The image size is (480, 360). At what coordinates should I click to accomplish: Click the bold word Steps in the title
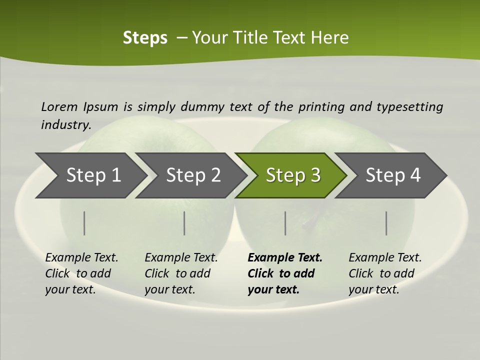click(145, 38)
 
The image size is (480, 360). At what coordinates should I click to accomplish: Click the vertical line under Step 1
click(84, 223)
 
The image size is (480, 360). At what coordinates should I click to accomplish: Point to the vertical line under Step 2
click(184, 223)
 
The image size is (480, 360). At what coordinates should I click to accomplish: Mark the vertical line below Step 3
click(285, 223)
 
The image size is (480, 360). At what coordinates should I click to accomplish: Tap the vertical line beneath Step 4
click(386, 223)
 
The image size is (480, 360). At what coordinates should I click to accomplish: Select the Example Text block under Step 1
click(81, 273)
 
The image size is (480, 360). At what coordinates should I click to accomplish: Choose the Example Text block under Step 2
click(181, 273)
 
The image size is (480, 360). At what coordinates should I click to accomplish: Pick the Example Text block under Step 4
click(385, 273)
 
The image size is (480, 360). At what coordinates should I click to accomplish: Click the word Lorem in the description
click(59, 106)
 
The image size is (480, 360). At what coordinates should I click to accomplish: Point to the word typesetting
click(409, 107)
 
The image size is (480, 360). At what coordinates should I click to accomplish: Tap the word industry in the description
click(66, 124)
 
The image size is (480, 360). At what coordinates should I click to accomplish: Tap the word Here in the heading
click(329, 38)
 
